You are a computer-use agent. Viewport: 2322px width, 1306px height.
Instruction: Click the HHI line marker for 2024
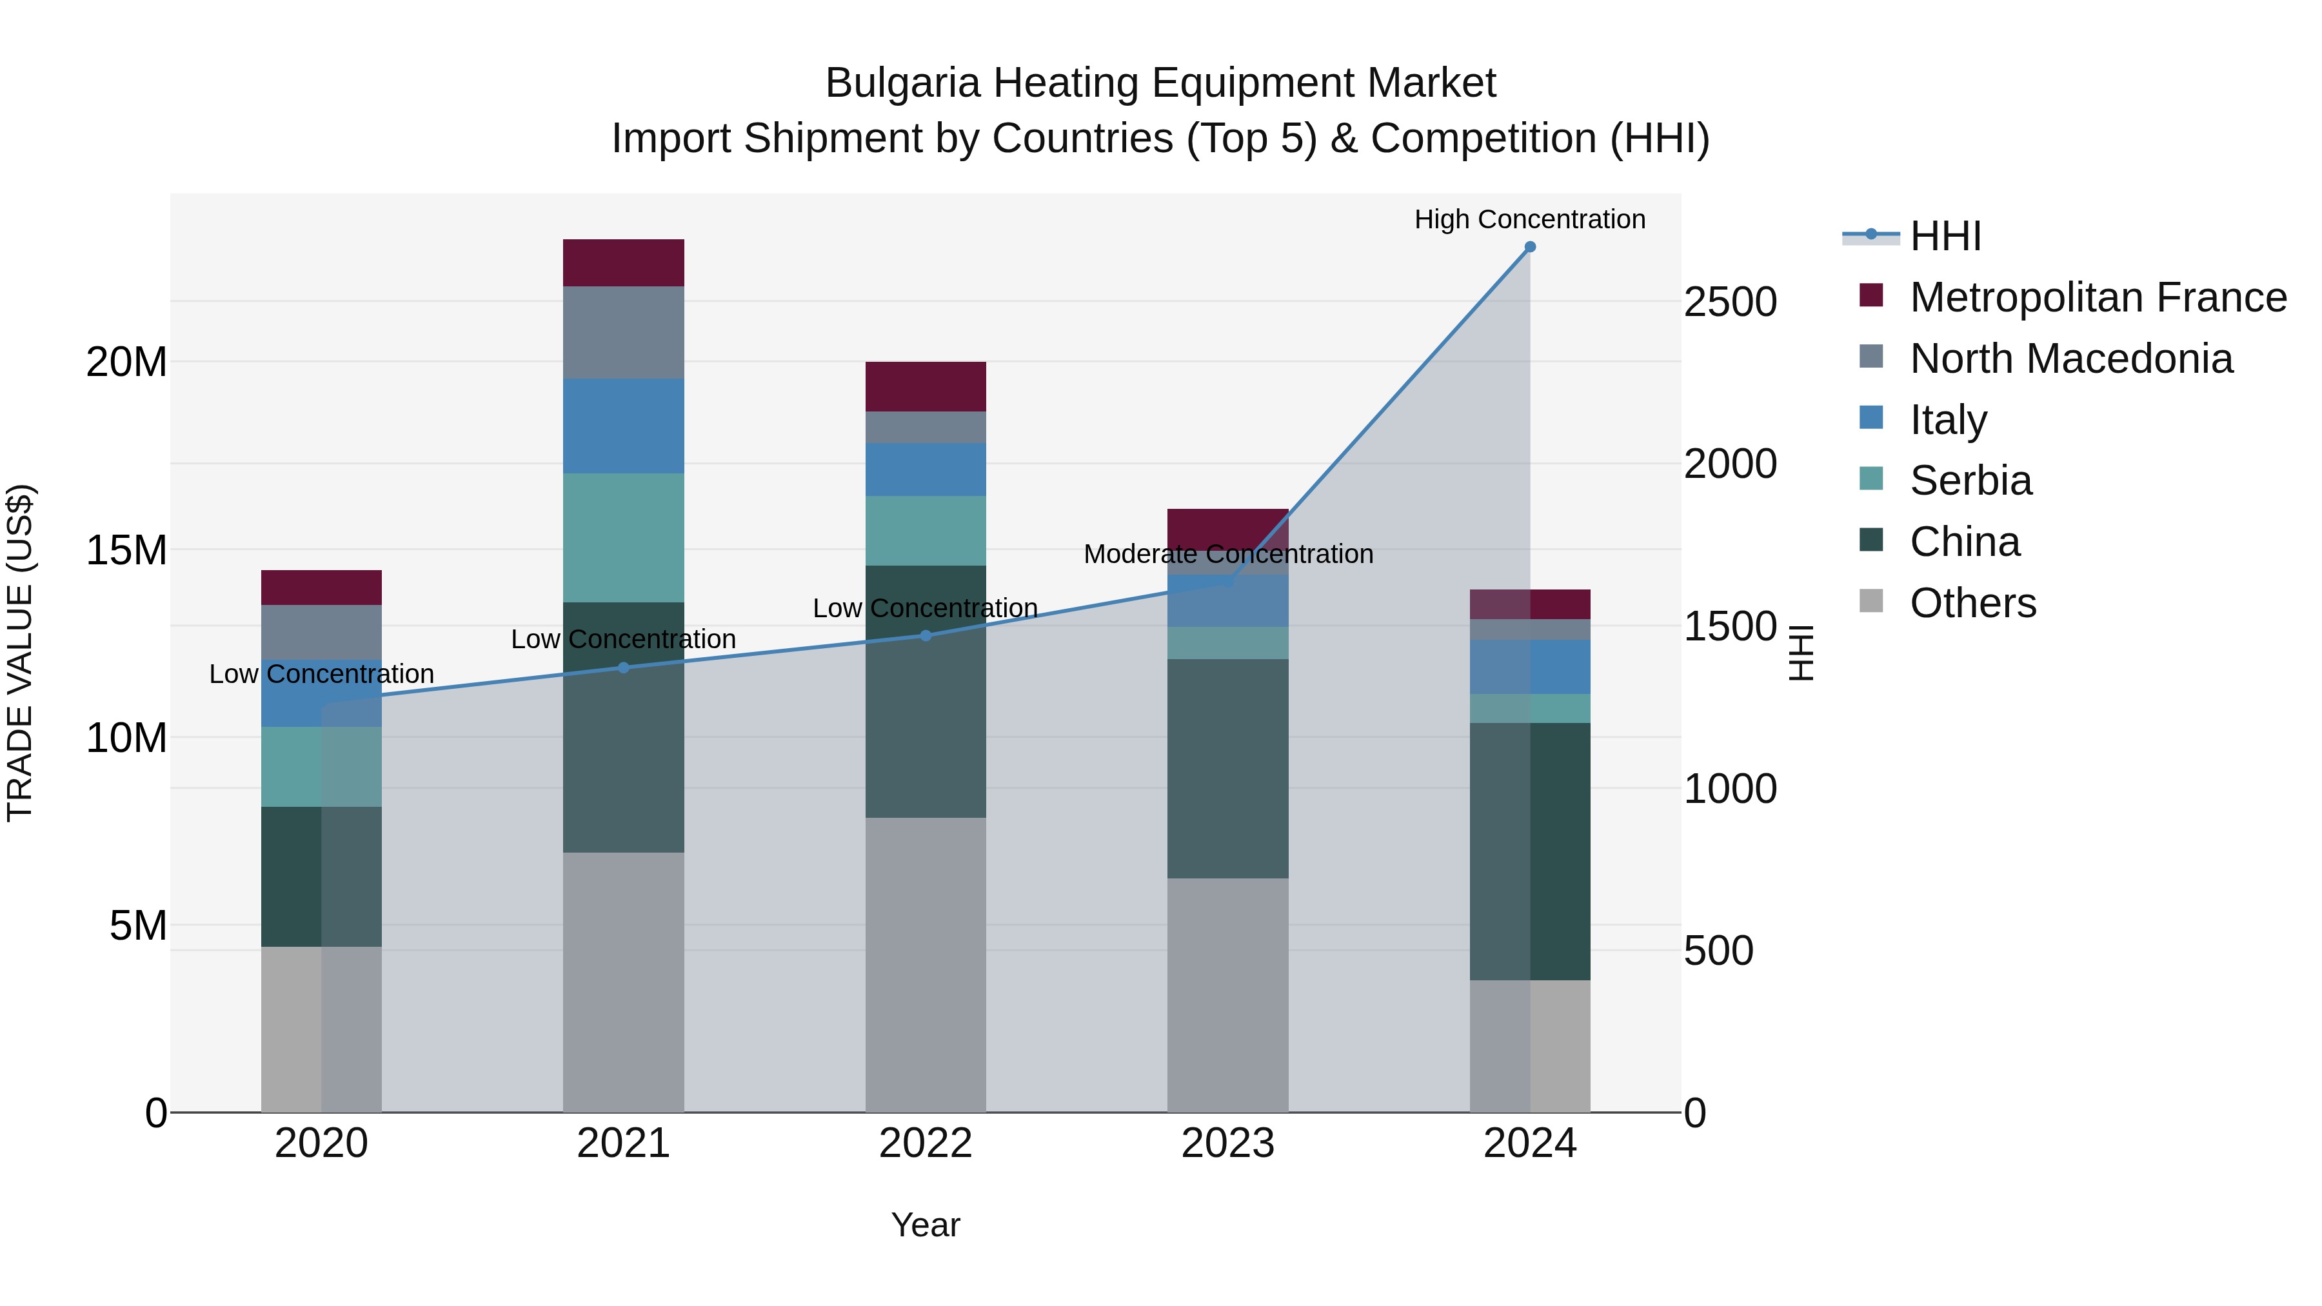tap(1530, 247)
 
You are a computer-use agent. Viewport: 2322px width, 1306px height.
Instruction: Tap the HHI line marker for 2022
tap(926, 635)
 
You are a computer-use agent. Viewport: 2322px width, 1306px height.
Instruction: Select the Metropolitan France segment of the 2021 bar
tap(624, 262)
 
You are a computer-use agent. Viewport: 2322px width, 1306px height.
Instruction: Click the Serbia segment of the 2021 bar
tap(624, 537)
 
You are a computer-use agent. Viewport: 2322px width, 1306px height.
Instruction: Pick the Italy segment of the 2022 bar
tap(926, 469)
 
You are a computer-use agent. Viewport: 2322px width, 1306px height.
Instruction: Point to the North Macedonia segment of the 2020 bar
tap(322, 632)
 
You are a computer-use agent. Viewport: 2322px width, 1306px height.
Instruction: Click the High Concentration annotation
tap(1530, 219)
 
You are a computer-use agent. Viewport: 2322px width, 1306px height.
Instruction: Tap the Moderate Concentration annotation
tap(1227, 553)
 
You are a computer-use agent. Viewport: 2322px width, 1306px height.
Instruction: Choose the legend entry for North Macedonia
tap(2070, 359)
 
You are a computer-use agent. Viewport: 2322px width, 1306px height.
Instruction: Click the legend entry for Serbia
tap(1970, 480)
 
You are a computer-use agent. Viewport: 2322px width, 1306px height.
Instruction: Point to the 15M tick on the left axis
tap(126, 549)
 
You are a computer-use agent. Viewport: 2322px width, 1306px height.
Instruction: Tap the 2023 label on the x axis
tap(1227, 1143)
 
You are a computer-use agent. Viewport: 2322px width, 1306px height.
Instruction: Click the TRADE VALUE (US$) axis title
tap(20, 653)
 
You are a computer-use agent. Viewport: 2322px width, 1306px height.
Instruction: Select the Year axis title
tap(926, 1225)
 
